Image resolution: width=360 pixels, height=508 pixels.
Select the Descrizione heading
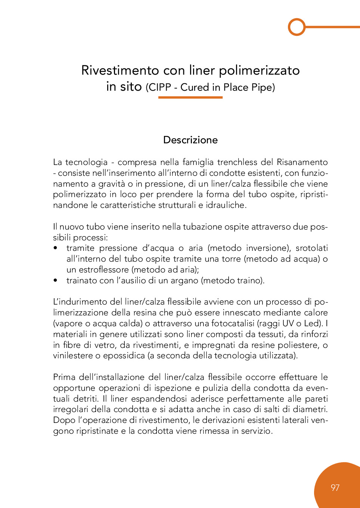click(190, 140)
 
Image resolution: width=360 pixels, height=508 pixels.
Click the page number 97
click(335, 487)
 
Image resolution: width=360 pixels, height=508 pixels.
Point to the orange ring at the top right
click(297, 27)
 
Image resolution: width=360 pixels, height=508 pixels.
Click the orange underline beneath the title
click(190, 97)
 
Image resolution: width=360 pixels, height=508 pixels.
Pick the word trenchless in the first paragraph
click(237, 162)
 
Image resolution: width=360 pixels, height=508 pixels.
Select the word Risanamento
click(302, 162)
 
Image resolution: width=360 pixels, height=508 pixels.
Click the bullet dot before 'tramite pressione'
click(56, 248)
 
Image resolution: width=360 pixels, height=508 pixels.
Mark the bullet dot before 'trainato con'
click(56, 280)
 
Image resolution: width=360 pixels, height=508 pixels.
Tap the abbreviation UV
click(288, 323)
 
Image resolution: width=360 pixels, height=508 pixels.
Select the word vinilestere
click(73, 355)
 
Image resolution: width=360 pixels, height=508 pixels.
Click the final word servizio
click(256, 431)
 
